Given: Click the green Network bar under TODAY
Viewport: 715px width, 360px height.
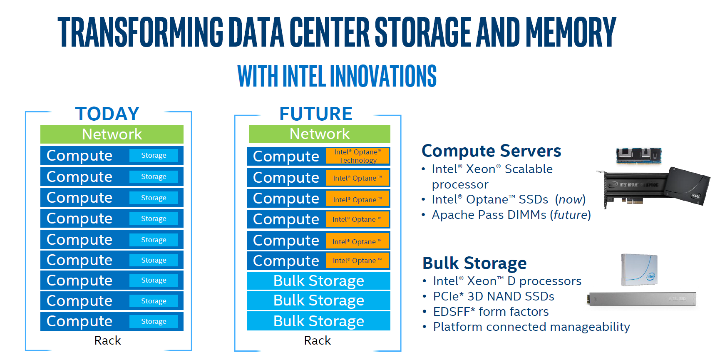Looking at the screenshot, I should click(x=112, y=134).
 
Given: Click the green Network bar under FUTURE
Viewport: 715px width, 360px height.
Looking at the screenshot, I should click(x=319, y=134).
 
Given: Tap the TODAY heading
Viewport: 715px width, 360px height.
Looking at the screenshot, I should click(x=107, y=114).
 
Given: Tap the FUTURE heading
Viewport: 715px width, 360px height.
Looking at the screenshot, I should click(x=316, y=114).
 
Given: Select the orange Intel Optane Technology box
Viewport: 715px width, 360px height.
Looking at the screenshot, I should click(x=357, y=156).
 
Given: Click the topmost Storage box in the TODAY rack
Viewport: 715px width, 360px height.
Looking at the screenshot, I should click(x=154, y=155).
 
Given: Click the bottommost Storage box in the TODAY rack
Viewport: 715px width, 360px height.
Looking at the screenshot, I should click(x=154, y=321).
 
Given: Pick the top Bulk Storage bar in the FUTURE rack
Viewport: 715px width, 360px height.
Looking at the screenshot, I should click(x=318, y=281).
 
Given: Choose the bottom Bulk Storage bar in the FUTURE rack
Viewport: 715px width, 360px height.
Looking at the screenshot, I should click(x=318, y=321).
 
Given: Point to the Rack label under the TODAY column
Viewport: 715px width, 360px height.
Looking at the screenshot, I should click(x=107, y=340).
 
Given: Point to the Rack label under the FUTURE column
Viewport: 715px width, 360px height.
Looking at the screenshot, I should click(x=317, y=340).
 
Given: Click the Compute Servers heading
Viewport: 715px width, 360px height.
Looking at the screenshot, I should click(x=491, y=151).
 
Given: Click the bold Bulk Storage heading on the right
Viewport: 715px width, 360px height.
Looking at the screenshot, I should click(x=474, y=263).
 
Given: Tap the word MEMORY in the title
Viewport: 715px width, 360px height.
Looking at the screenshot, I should click(x=571, y=32).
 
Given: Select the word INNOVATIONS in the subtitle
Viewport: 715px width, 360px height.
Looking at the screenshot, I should click(x=383, y=76).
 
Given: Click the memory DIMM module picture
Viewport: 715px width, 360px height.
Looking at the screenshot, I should click(x=638, y=155).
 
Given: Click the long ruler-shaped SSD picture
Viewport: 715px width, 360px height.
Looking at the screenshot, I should click(x=642, y=298).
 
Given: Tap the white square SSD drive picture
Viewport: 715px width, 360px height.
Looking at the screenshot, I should click(x=639, y=269).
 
